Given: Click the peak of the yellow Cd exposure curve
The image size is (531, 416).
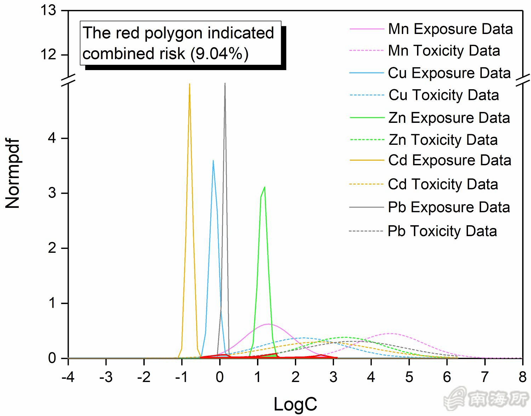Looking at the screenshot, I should [x=189, y=84].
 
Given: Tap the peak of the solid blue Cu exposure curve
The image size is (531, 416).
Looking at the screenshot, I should [x=213, y=161].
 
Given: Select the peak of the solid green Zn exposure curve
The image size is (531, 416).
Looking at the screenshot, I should [x=264, y=187].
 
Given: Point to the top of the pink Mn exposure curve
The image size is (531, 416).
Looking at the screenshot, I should [x=268, y=324].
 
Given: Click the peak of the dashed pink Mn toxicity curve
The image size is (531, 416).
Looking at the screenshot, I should [x=390, y=334].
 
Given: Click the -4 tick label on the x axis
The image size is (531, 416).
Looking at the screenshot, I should [x=68, y=377].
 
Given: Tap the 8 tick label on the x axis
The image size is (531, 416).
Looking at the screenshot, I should [x=523, y=377].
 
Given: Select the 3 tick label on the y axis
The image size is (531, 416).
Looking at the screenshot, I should [x=52, y=193].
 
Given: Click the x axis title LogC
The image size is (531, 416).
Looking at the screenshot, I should [x=295, y=404].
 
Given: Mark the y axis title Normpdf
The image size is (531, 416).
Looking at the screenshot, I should [x=13, y=173].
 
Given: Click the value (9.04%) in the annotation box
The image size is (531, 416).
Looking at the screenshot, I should [x=219, y=54].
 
